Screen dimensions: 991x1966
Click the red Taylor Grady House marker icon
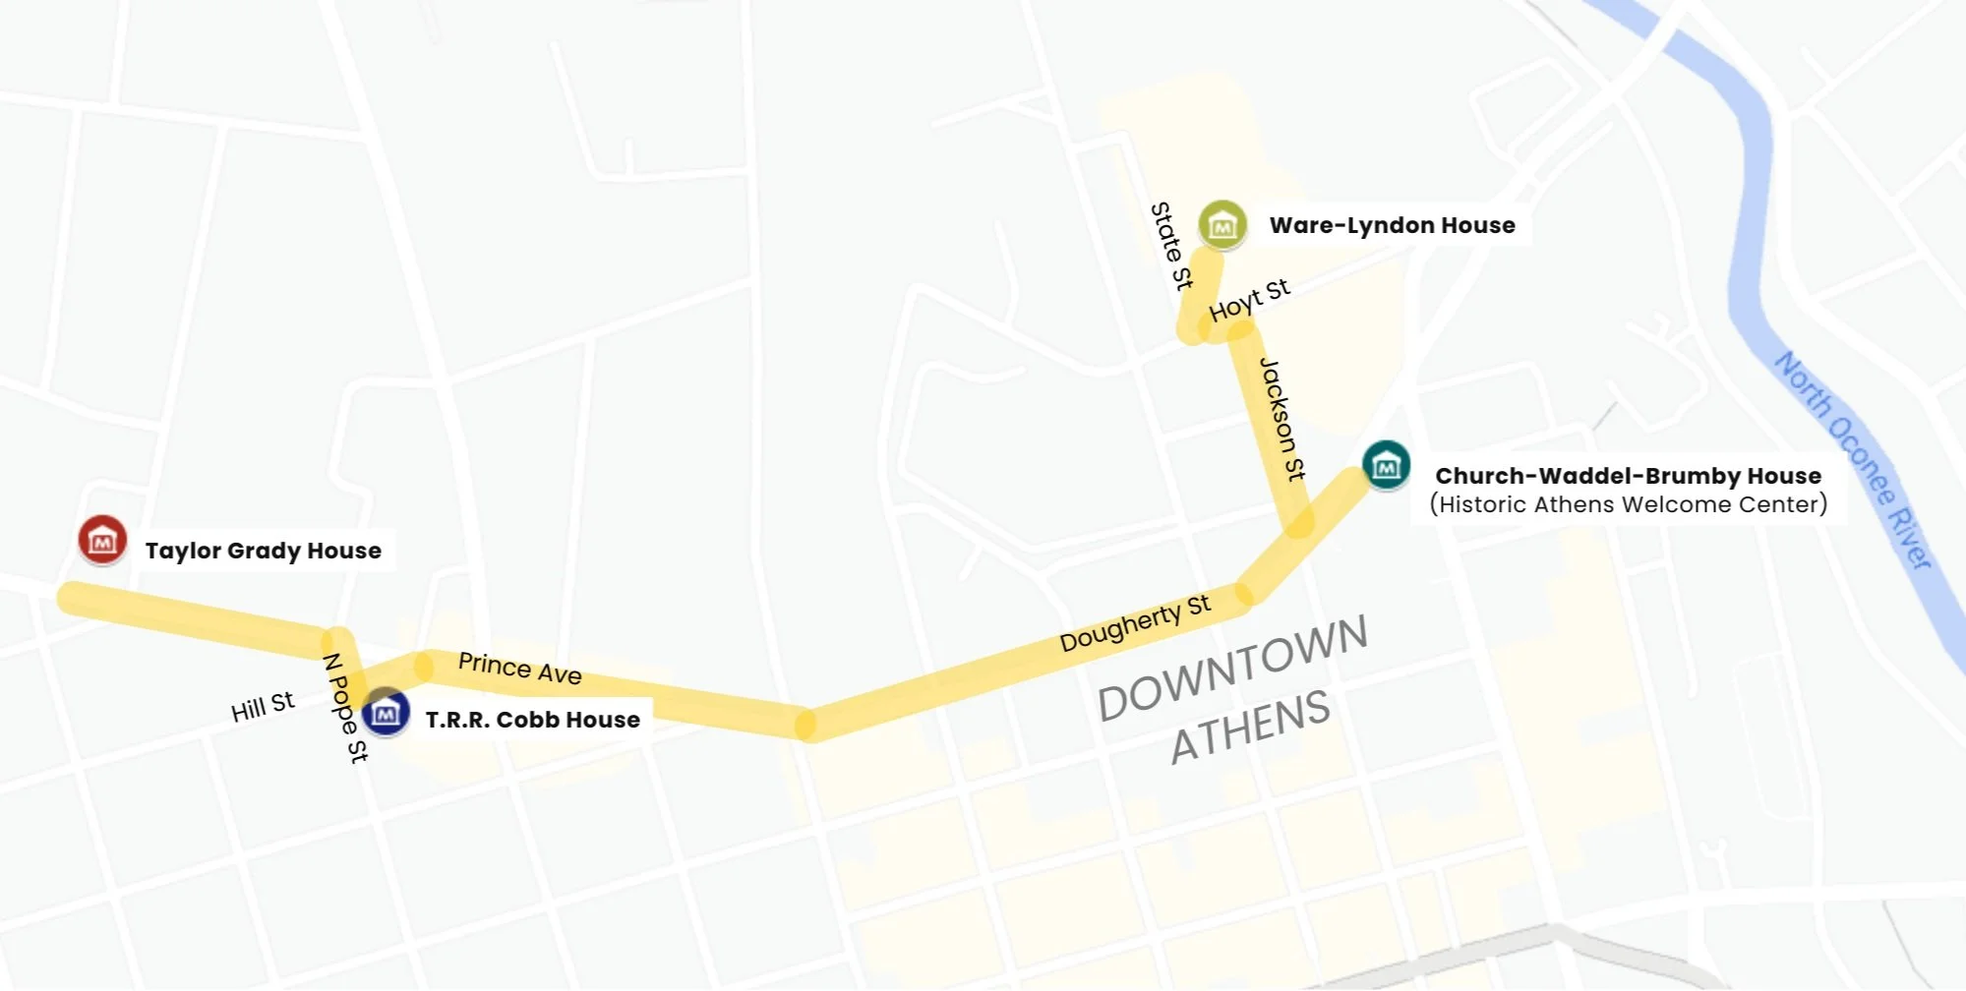coord(102,540)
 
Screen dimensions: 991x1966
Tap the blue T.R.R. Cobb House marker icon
coord(386,712)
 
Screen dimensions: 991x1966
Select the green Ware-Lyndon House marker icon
coord(1222,225)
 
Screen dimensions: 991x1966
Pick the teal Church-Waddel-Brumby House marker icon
coord(1386,465)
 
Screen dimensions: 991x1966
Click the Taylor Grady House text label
coord(263,551)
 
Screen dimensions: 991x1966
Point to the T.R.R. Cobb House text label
coord(532,720)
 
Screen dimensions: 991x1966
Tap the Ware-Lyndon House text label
coord(1392,225)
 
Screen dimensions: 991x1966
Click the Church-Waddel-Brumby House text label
coord(1628,476)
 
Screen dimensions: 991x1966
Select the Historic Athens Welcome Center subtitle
coord(1628,504)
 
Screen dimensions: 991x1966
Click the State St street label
coord(1170,246)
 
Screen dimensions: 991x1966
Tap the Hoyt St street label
coord(1249,300)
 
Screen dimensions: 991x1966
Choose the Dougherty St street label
coord(1135,623)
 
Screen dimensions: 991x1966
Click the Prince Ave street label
coord(519,669)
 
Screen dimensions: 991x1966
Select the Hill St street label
coord(262,707)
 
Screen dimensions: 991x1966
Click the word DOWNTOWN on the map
coord(1232,668)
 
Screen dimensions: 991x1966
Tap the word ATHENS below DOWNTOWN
coord(1250,727)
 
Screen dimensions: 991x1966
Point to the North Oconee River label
coord(1854,458)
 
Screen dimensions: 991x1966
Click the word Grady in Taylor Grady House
coord(258,551)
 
